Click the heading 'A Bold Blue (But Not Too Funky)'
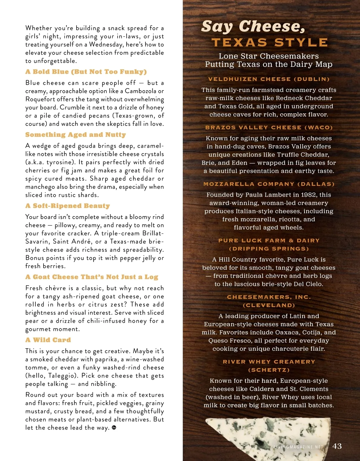click(x=86, y=72)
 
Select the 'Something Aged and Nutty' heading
click(x=76, y=135)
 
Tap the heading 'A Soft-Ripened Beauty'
click(x=67, y=206)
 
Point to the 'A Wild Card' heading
click(x=48, y=340)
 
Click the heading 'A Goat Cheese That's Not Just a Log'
click(x=92, y=277)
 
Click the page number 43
click(x=337, y=446)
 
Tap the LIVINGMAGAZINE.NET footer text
click(x=298, y=447)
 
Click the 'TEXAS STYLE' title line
click(x=270, y=43)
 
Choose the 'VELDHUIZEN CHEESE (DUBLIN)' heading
click(x=269, y=79)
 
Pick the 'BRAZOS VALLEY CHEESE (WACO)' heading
click(x=269, y=127)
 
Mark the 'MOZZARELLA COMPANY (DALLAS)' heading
click(x=269, y=184)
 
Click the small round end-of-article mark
click(x=114, y=427)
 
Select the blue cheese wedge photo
click(x=270, y=435)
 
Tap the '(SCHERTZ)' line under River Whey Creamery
click(x=269, y=370)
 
